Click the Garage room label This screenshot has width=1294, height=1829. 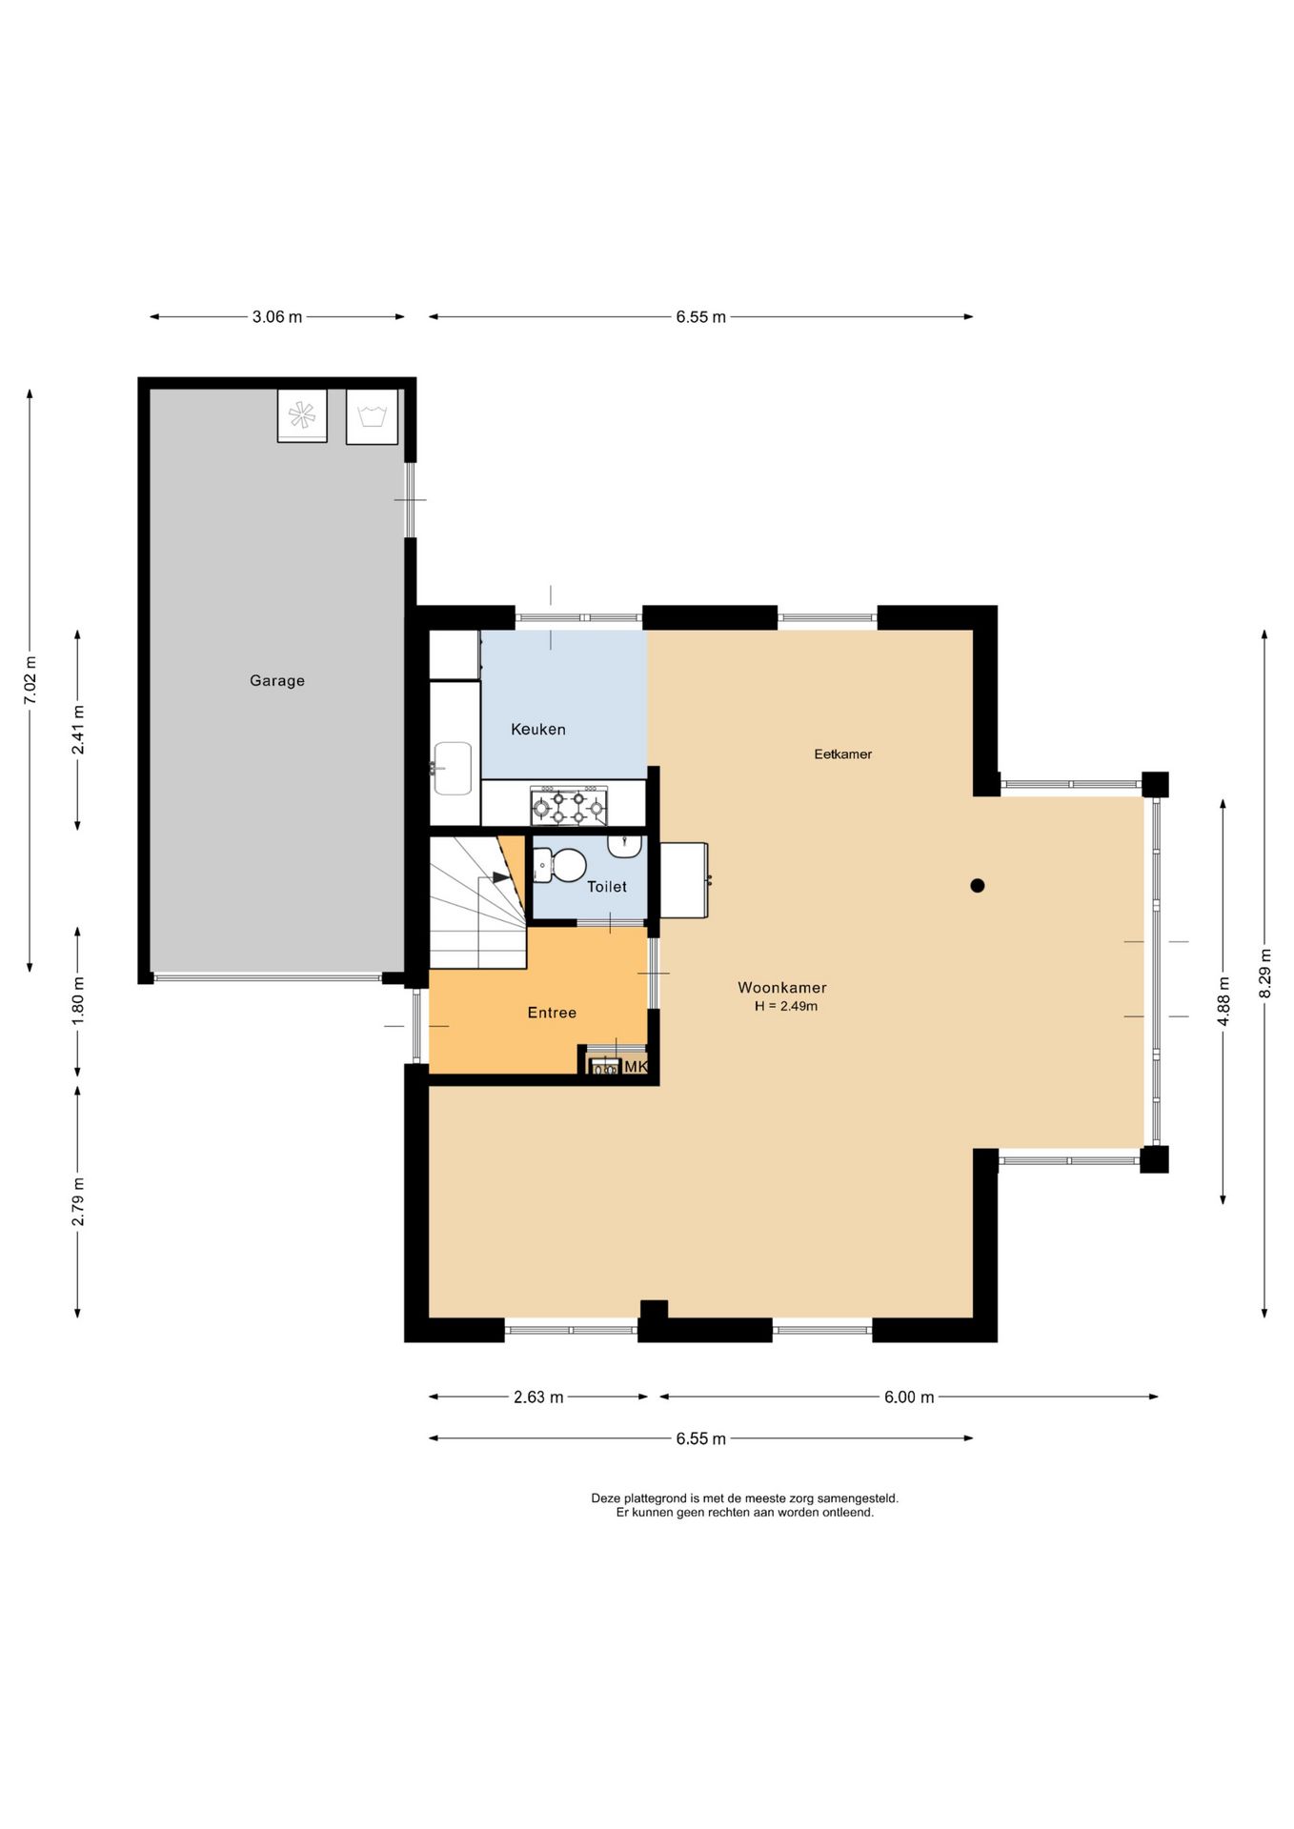click(x=277, y=680)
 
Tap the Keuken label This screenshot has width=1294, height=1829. click(x=538, y=729)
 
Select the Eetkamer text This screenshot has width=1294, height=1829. click(x=843, y=754)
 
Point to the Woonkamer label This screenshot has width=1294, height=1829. click(x=782, y=988)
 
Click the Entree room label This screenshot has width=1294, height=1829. click(x=552, y=1013)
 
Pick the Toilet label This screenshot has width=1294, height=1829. click(x=607, y=887)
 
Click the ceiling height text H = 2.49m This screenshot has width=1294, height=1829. click(x=786, y=1006)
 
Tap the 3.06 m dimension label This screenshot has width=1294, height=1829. click(x=277, y=317)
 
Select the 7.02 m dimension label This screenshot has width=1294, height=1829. click(x=30, y=680)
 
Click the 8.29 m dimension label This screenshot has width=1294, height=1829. click(x=1265, y=974)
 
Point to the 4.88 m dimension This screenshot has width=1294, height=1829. click(x=1223, y=1001)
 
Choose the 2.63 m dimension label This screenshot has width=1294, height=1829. click(x=538, y=1397)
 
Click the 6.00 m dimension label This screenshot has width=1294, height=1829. click(x=909, y=1397)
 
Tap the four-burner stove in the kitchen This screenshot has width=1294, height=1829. click(x=569, y=806)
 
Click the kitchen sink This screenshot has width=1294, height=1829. click(x=453, y=768)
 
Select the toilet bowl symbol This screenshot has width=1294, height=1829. click(x=561, y=866)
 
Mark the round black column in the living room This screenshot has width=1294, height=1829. click(x=978, y=886)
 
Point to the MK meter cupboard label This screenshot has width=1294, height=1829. click(x=636, y=1067)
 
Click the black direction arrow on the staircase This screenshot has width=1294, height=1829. click(x=500, y=877)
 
